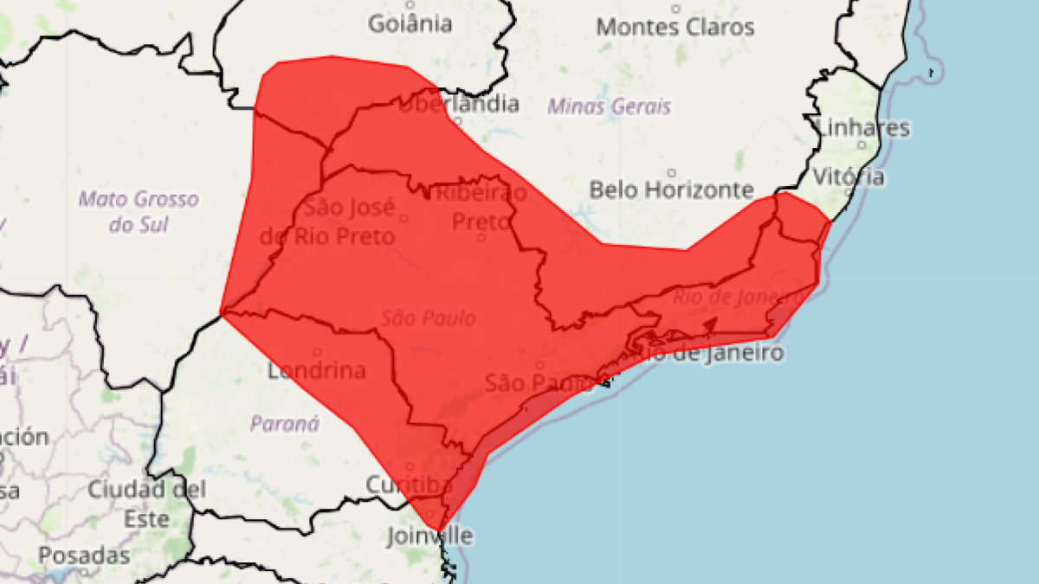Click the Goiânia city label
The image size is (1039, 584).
pos(410,23)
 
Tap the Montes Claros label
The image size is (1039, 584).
pos(675,27)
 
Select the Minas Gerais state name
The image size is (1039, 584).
pos(609,107)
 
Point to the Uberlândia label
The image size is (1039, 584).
pos(459,105)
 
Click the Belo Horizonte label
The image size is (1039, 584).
pos(671,189)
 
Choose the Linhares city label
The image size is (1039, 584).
pos(863,128)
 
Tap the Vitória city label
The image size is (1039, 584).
pos(849,176)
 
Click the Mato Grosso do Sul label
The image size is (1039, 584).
pos(139,212)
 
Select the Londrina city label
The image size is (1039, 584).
pos(316,371)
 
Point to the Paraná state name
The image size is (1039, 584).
pos(285,424)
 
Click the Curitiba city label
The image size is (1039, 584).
pos(409,485)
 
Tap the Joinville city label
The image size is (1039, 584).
pos(430,536)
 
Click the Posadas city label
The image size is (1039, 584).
pos(84,555)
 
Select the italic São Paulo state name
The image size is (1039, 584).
pos(429,318)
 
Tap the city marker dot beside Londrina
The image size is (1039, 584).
pos(317,352)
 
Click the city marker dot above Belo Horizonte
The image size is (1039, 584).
pos(672,173)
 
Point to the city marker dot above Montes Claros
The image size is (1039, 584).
pos(675,9)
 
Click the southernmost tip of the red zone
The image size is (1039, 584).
pos(440,530)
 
